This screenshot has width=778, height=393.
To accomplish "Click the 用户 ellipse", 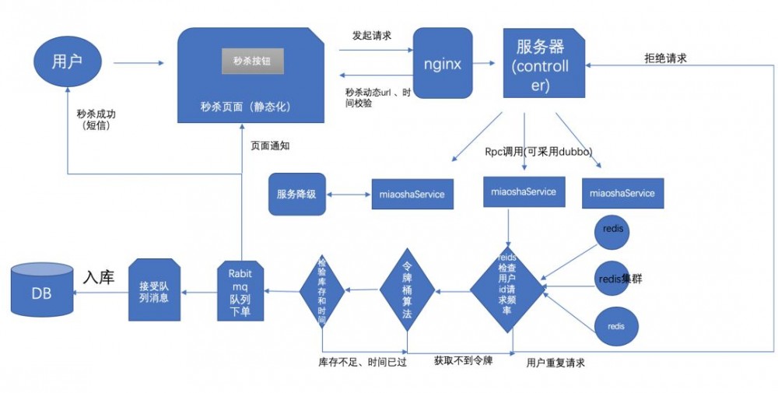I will tap(67, 61).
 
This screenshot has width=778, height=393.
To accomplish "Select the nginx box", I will tap(442, 63).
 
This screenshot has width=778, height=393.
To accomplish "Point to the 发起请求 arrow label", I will tap(370, 36).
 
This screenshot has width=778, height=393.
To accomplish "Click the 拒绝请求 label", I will tap(665, 58).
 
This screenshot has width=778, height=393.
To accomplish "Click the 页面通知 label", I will tap(270, 146).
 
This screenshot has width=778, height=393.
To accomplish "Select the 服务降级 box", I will tap(296, 194).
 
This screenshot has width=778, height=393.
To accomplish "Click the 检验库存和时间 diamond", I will tap(322, 291).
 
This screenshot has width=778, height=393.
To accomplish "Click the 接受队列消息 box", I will tap(154, 292).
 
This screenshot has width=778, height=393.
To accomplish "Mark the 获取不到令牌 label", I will tap(463, 360).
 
